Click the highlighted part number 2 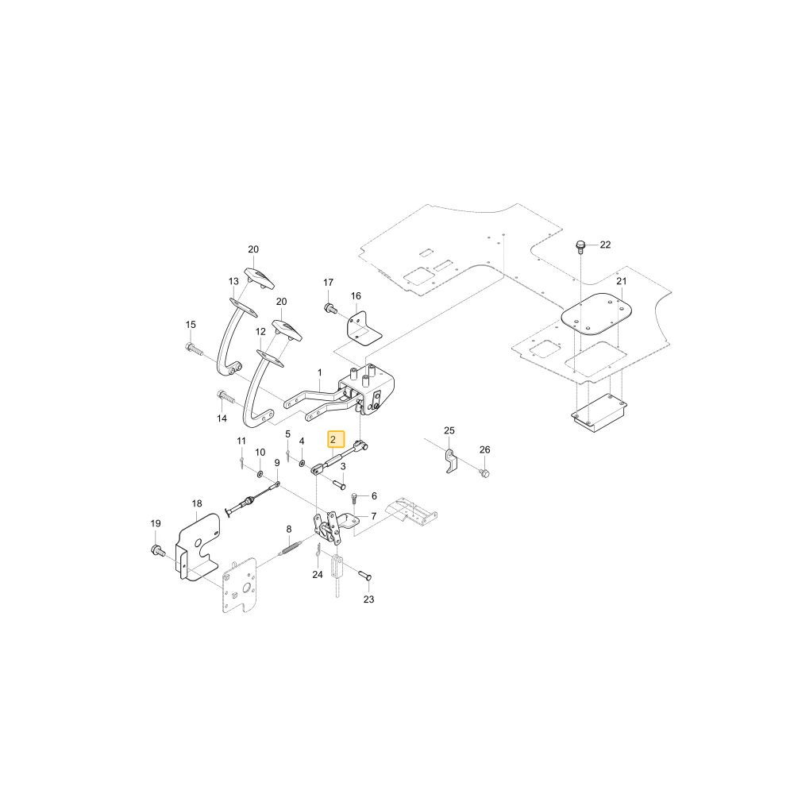point(333,440)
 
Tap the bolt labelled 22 point(581,247)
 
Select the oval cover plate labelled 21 point(597,314)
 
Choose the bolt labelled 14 point(226,396)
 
